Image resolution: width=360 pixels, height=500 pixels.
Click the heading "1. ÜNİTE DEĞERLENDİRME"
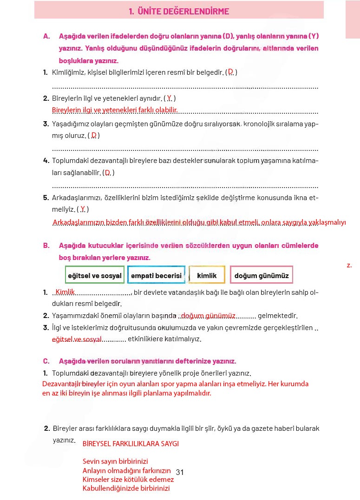point(179,12)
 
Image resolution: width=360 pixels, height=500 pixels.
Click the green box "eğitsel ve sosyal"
point(95,275)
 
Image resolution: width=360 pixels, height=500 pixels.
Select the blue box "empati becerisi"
point(156,275)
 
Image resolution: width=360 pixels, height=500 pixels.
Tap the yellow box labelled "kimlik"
point(207,275)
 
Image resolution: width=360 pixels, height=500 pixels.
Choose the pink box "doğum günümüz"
point(262,275)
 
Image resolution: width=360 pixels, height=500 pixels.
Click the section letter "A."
point(46,36)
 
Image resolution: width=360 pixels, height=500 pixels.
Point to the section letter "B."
point(46,245)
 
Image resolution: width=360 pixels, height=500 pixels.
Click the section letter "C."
point(46,361)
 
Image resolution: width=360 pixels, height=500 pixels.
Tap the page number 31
point(180,472)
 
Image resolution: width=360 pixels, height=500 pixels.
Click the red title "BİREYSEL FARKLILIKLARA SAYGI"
point(131,443)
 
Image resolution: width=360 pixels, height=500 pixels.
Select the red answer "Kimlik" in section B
point(65,292)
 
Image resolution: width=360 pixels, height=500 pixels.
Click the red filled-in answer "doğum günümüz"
point(209,316)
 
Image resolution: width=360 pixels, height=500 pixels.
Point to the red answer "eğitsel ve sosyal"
point(77,339)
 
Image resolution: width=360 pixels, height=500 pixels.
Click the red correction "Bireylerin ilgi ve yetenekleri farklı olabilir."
point(115,110)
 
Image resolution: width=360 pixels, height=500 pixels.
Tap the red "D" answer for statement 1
point(230,71)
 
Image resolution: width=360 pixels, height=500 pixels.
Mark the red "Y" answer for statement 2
point(170,98)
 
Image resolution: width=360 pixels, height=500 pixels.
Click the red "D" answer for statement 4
point(108,172)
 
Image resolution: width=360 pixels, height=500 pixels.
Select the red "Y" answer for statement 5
point(83,209)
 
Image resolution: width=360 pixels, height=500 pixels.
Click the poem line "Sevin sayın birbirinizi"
point(115,461)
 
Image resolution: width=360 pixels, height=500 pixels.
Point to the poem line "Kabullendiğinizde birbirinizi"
point(126,488)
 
